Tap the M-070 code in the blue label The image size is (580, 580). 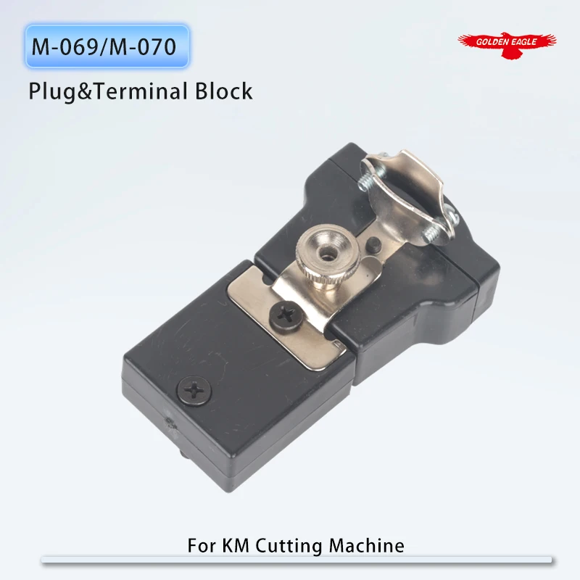142,49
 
